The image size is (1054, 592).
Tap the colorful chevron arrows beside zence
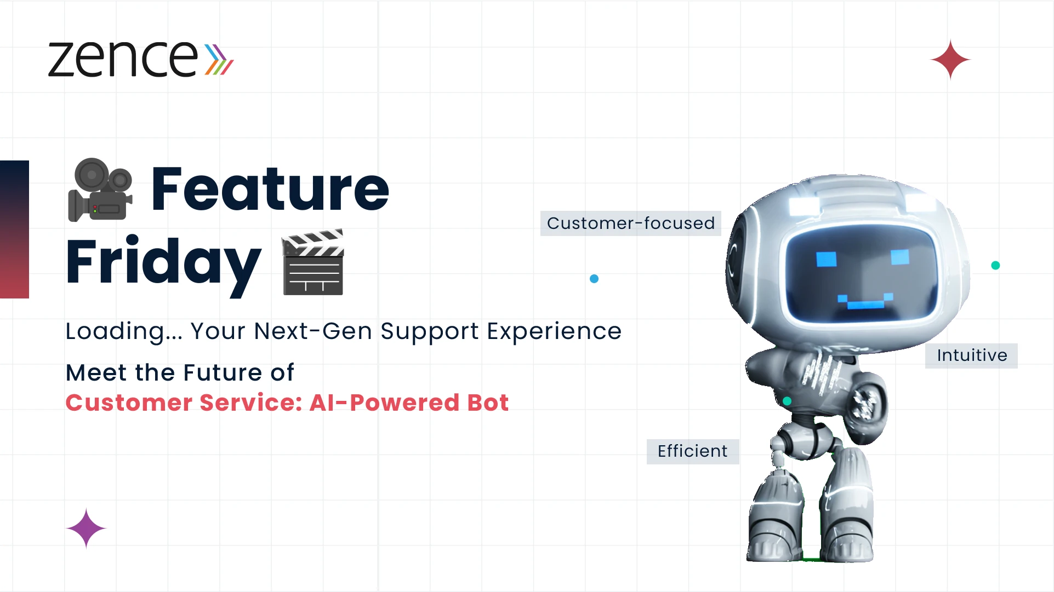pyautogui.click(x=219, y=59)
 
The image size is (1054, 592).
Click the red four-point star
pyautogui.click(x=950, y=60)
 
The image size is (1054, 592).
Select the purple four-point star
pyautogui.click(x=86, y=528)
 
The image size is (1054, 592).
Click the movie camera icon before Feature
pyautogui.click(x=100, y=189)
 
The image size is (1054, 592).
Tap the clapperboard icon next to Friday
pyautogui.click(x=313, y=262)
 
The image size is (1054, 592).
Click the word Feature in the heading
pyautogui.click(x=270, y=189)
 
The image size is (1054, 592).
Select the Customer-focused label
pyautogui.click(x=631, y=223)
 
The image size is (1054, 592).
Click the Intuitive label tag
pyautogui.click(x=971, y=355)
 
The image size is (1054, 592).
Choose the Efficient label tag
pyautogui.click(x=693, y=451)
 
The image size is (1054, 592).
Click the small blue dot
pyautogui.click(x=594, y=279)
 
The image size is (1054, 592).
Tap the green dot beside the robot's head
pyautogui.click(x=996, y=266)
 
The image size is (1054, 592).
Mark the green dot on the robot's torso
pyautogui.click(x=787, y=401)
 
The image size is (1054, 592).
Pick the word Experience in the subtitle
pyautogui.click(x=554, y=331)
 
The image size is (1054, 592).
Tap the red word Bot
pyautogui.click(x=488, y=403)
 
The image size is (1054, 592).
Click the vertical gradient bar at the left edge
pyautogui.click(x=14, y=229)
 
